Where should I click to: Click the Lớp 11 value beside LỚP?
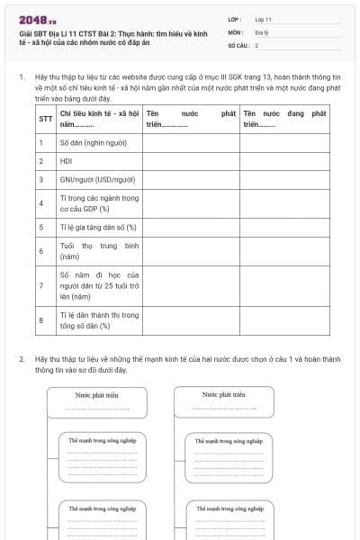click(x=263, y=18)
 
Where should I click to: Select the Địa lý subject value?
click(x=261, y=31)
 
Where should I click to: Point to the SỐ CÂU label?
click(x=238, y=45)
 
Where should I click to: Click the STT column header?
click(x=45, y=119)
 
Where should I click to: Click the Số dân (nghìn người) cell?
click(x=92, y=142)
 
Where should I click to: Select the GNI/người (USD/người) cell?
click(x=97, y=179)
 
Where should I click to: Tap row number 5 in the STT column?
click(x=41, y=227)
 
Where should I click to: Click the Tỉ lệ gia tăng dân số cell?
click(x=98, y=227)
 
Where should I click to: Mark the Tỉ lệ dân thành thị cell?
click(x=99, y=320)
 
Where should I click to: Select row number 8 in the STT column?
click(x=41, y=320)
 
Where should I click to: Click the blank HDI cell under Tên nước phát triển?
click(x=190, y=161)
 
